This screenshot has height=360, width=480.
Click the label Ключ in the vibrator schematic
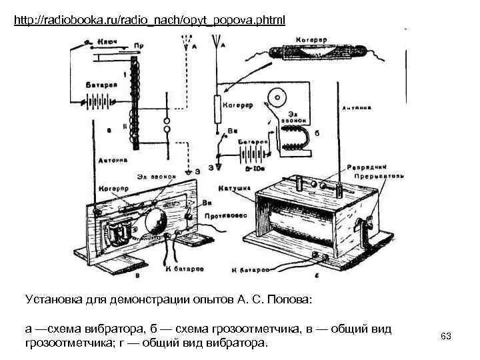pyautogui.click(x=107, y=41)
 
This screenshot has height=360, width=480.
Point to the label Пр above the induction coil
pyautogui.click(x=139, y=45)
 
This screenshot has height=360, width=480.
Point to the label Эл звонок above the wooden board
pyautogui.click(x=157, y=177)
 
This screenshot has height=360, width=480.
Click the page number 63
pyautogui.click(x=446, y=336)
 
